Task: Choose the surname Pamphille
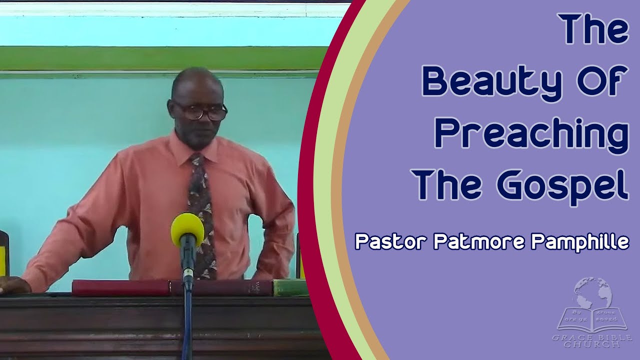pos(580,242)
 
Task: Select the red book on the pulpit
pos(121,287)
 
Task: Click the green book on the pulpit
pos(290,287)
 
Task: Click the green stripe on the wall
pos(160,58)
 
